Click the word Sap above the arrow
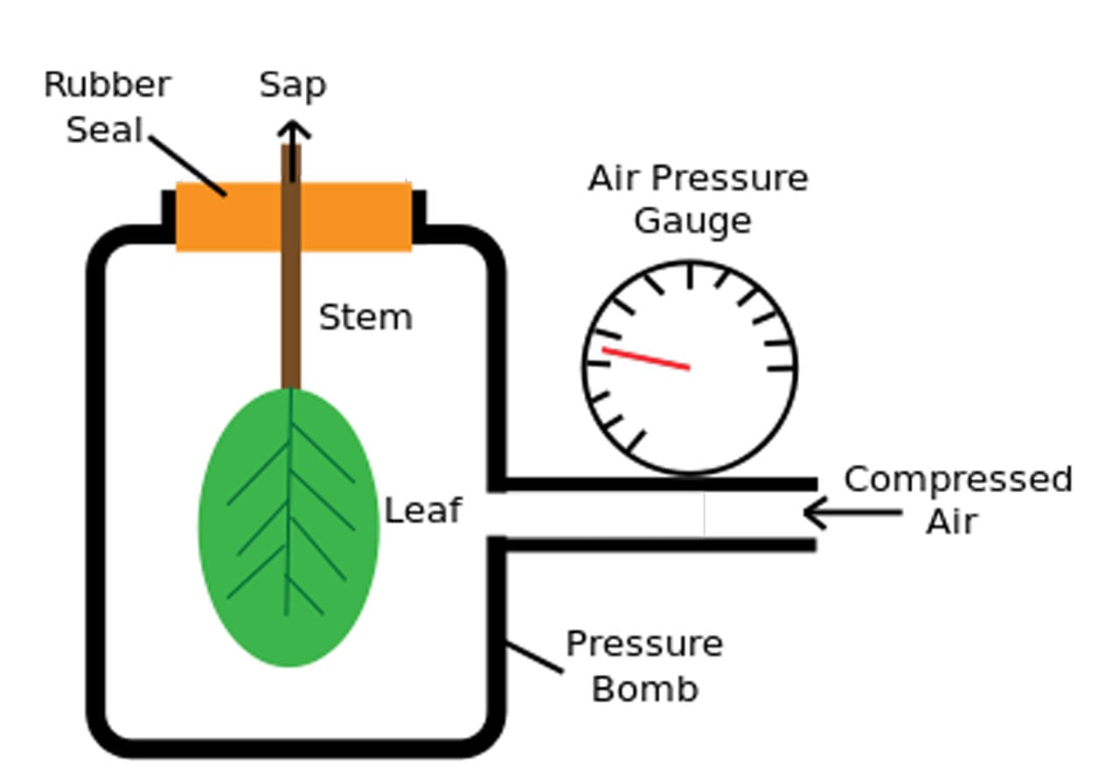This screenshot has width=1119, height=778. [x=293, y=86]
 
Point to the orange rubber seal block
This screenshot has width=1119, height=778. [x=358, y=216]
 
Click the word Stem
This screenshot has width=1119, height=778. [x=365, y=317]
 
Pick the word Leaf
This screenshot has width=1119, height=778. [x=423, y=511]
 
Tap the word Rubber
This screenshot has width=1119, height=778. [x=107, y=86]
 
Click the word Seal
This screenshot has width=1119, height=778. [x=104, y=130]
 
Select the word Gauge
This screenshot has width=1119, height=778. [x=692, y=221]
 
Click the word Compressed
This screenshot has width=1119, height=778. [x=957, y=480]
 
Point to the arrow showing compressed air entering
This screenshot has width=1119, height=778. [x=851, y=513]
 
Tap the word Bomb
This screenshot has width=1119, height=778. [x=644, y=689]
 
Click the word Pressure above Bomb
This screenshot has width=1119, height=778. [x=644, y=645]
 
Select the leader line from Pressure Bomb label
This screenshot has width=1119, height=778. [x=534, y=657]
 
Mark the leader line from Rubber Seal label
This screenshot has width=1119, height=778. [x=187, y=165]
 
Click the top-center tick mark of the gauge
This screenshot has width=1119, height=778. [x=690, y=275]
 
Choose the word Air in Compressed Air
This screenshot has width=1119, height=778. [x=951, y=522]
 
